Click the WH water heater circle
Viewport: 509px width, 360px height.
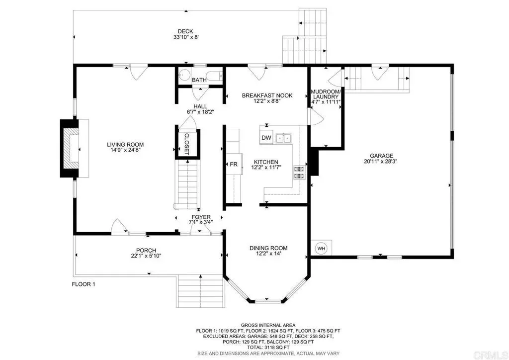322,249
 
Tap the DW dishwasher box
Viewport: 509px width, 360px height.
266,138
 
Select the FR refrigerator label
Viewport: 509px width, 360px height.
234,164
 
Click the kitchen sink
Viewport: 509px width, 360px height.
283,138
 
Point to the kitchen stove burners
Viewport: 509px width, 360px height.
299,173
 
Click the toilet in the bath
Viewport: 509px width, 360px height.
184,75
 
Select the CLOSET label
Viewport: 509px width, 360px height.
187,144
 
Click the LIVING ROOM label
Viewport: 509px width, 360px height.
125,145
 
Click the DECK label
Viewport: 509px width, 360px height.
185,31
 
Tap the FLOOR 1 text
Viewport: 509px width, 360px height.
84,284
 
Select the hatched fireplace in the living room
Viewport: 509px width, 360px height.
71,148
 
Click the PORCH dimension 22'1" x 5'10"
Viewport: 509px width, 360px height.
146,256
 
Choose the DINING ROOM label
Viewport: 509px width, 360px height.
268,248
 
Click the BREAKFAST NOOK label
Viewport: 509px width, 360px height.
267,95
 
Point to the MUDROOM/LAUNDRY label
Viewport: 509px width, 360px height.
326,94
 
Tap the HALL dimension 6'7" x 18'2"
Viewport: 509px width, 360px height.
200,112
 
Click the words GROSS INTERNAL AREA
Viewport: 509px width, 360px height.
268,325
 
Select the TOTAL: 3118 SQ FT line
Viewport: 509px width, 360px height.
268,348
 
